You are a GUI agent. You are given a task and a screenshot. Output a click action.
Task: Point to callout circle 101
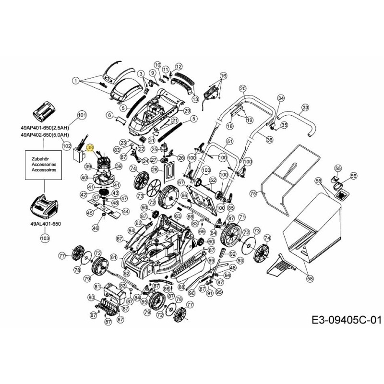point(82,115)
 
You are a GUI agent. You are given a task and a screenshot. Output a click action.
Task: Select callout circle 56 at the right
point(353,176)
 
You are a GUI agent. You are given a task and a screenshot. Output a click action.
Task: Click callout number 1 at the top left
point(75,80)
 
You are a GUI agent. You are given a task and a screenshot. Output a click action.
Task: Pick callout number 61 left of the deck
point(114,257)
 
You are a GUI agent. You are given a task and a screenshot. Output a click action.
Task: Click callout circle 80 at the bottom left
point(91,298)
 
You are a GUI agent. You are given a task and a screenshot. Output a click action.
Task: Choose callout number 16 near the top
point(223,76)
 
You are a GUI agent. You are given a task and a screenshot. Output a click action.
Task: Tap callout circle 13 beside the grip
point(195,99)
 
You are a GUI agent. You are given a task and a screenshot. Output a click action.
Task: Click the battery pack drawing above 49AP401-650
point(44,111)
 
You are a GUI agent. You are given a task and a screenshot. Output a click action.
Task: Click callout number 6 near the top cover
point(109,115)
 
